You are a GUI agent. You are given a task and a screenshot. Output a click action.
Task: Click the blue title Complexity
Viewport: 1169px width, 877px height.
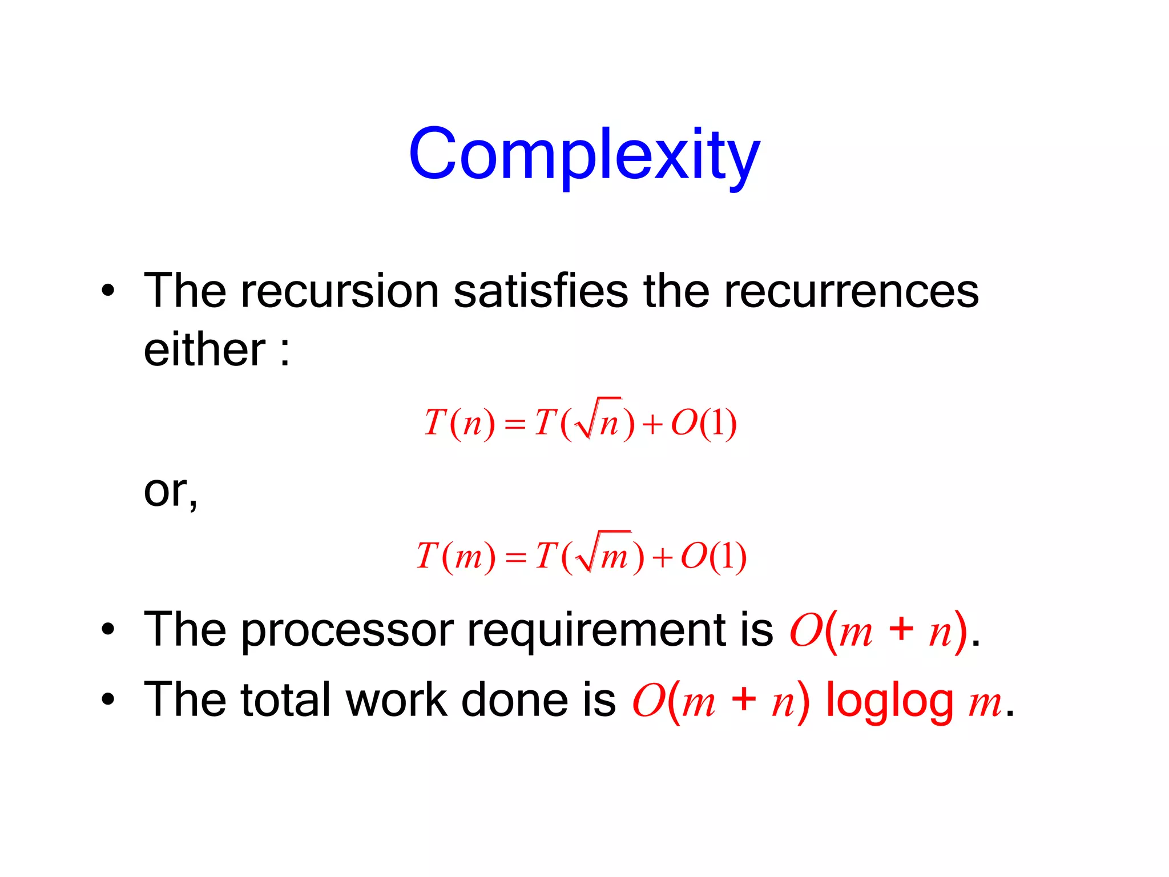click(x=584, y=154)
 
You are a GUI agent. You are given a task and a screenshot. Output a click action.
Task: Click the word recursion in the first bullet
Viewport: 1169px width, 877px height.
click(x=340, y=291)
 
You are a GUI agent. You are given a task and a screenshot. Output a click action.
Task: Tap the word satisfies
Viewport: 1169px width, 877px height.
click(x=541, y=291)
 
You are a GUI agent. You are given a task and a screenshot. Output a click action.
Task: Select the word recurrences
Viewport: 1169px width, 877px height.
click(x=851, y=291)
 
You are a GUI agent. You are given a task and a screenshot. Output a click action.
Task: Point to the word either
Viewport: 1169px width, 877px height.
click(x=204, y=350)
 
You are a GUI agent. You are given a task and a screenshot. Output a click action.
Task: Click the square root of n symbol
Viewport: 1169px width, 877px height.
click(x=599, y=420)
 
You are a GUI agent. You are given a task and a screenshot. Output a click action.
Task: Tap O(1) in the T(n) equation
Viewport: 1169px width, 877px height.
click(x=704, y=424)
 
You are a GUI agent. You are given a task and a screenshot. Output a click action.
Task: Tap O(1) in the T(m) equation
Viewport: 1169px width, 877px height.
click(x=714, y=556)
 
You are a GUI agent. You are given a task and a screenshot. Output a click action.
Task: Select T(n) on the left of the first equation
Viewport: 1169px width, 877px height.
click(x=459, y=424)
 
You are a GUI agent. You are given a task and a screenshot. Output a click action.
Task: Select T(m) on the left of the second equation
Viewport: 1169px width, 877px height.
click(x=455, y=556)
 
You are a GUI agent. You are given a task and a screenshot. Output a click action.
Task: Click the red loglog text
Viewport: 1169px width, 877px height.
click(x=889, y=701)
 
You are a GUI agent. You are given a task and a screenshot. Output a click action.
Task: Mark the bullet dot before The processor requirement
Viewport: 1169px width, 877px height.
click(x=108, y=630)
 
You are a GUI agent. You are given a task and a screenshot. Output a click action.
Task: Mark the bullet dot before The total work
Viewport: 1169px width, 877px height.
click(x=108, y=699)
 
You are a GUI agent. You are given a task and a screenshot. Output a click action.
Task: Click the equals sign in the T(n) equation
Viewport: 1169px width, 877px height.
click(x=515, y=424)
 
